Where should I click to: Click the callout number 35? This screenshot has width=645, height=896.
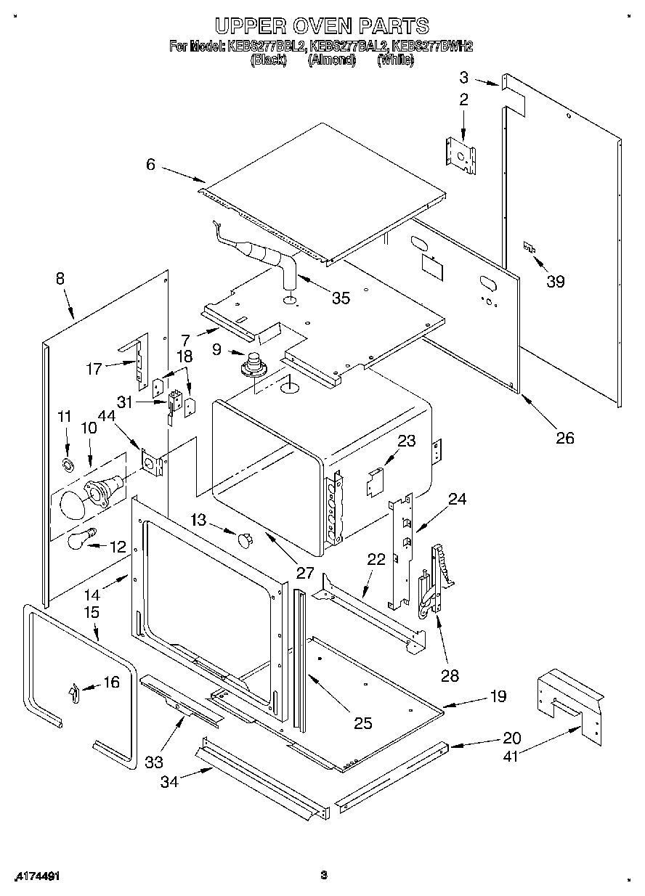coord(340,297)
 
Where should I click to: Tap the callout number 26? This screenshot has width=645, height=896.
coord(564,437)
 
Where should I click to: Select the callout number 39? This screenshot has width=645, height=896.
coord(556,282)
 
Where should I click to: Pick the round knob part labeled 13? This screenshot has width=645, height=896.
coord(245,538)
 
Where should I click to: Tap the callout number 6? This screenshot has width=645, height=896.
coord(150,165)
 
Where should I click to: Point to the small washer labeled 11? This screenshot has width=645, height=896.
coord(67,464)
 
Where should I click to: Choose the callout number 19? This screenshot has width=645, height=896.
coord(498,696)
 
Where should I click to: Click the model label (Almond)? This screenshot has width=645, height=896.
coord(331,61)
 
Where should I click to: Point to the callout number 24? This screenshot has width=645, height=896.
coord(457,500)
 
